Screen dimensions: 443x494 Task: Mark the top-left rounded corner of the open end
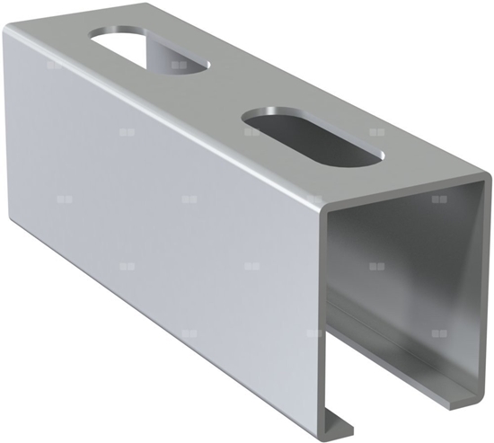point(325,215)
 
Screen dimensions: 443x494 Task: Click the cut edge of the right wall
point(485,288)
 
